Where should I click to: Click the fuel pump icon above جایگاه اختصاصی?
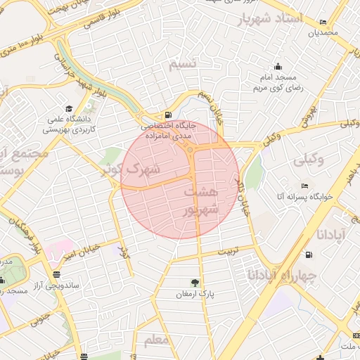[x=167, y=115]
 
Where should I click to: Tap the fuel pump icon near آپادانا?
[x=309, y=254]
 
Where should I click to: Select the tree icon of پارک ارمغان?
[x=195, y=283]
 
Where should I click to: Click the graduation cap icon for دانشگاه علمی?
[x=69, y=108]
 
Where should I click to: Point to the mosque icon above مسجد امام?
[x=278, y=67]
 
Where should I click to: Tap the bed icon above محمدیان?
[x=323, y=22]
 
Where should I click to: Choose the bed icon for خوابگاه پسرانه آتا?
[x=304, y=186]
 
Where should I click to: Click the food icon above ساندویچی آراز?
[x=56, y=274]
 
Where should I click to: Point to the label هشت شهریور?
[x=202, y=200]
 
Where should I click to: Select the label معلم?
[x=156, y=341]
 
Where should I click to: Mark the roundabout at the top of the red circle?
[x=190, y=148]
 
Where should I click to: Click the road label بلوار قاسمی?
[x=103, y=19]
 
